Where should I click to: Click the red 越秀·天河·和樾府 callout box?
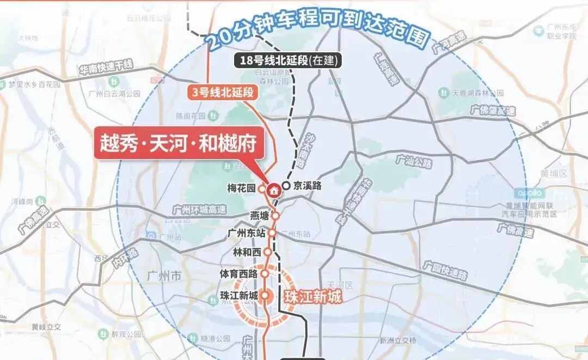click(x=176, y=142)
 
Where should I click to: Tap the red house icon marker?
click(x=273, y=190)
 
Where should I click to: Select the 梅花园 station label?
click(x=241, y=188)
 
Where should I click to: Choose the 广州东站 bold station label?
click(x=248, y=233)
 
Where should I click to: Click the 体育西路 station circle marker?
click(x=265, y=273)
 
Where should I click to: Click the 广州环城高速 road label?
click(x=199, y=210)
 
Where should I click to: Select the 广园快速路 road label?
click(x=445, y=270)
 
